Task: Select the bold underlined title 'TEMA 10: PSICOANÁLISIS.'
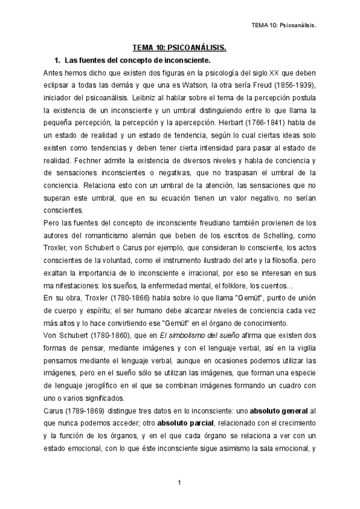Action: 179,47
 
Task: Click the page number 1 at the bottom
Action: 179,483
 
